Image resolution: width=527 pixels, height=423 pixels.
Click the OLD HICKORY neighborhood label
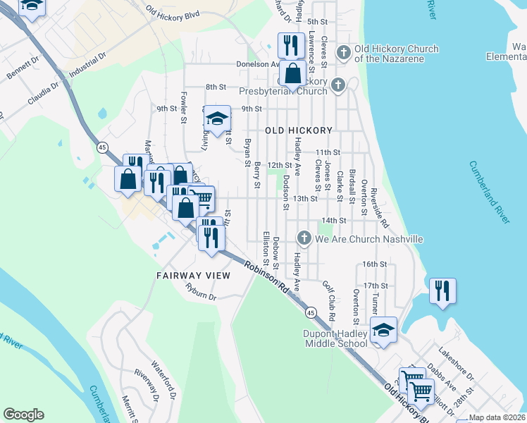pos(299,130)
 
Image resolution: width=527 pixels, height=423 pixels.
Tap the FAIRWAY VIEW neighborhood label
pos(193,275)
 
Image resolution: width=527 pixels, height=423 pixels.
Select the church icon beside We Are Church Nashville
pos(304,238)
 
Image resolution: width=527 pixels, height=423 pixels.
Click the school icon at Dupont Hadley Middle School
pos(383,330)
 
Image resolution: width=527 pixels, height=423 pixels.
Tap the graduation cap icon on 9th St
pos(218,119)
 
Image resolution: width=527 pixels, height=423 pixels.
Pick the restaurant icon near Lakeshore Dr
pos(442,290)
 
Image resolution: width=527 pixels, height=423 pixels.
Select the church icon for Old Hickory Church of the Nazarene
pos(343,53)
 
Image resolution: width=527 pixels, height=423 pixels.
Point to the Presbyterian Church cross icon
pos(338,86)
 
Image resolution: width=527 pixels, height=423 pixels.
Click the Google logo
pos(23,415)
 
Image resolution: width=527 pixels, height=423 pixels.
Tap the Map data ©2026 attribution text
pos(496,417)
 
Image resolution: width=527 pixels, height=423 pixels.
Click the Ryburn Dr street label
pos(199,291)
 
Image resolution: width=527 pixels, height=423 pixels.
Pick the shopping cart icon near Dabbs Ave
pos(421,390)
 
